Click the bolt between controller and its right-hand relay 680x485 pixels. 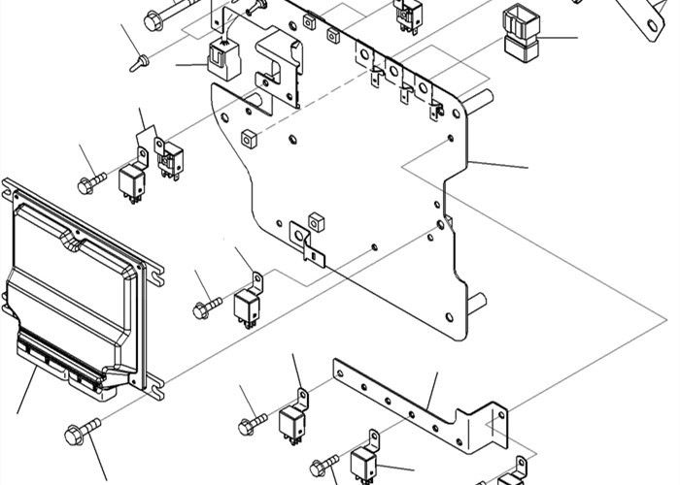coord(203,309)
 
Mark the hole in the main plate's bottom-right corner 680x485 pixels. coord(448,318)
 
